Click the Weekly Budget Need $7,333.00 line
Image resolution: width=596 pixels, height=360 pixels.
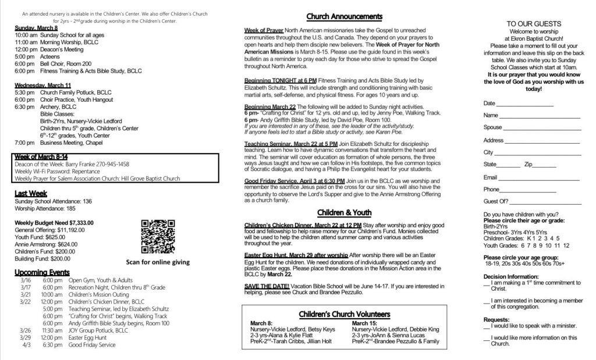54,222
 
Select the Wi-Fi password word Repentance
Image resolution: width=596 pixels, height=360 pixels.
86,172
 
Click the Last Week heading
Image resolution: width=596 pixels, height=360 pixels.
31,193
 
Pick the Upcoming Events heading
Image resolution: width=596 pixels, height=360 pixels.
42,272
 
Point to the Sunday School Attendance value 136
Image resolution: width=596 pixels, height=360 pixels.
87,201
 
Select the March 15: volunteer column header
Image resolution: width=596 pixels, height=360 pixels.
365,322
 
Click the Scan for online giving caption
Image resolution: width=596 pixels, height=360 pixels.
158,262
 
